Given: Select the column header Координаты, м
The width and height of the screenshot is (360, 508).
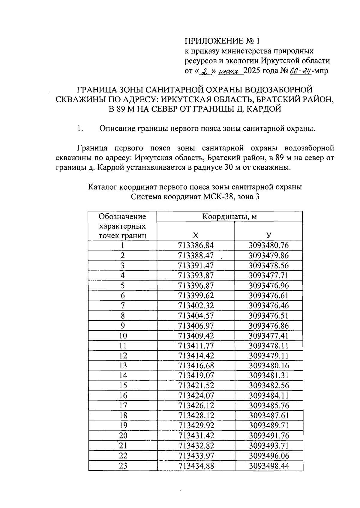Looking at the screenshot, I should (229, 216).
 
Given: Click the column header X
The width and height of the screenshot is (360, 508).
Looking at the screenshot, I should (196, 235).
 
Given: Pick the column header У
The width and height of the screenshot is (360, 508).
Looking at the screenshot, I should (268, 235).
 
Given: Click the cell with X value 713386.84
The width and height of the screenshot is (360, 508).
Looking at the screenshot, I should (196, 245).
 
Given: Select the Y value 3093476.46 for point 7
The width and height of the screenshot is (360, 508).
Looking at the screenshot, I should (268, 306).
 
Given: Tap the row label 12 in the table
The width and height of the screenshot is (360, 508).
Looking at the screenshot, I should (123, 356).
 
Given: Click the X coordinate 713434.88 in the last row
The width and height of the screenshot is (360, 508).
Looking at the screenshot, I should (196, 466).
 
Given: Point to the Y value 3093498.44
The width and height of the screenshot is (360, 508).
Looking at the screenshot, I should (268, 466).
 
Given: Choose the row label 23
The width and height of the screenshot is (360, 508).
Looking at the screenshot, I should (123, 466).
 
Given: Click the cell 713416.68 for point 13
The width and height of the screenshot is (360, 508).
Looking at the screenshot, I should (196, 366).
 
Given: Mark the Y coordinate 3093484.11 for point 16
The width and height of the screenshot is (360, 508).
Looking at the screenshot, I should (268, 396).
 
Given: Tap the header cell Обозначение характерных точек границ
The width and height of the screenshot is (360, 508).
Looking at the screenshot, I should (122, 226).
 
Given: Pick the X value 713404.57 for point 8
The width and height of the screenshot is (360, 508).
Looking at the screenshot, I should (196, 316).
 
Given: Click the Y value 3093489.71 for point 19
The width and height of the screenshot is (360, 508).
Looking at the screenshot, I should (268, 426).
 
